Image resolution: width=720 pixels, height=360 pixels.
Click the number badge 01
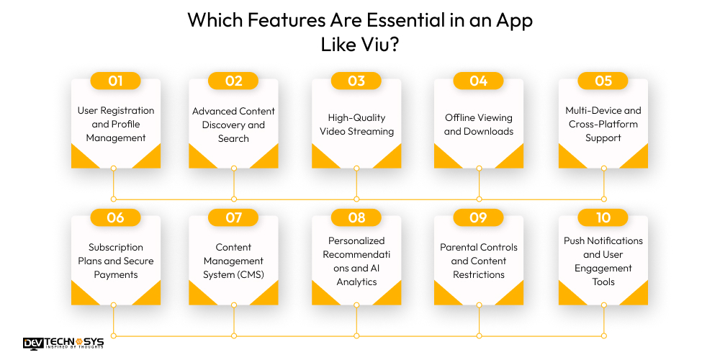click(x=115, y=81)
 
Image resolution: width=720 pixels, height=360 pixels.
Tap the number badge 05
click(x=603, y=81)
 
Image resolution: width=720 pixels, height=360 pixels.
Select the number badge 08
click(x=356, y=217)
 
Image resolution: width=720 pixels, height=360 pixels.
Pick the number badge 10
click(x=603, y=217)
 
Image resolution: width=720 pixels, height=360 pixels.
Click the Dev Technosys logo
click(x=63, y=343)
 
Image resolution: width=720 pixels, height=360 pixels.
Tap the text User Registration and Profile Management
click(x=115, y=124)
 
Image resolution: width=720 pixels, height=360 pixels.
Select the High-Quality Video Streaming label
click(x=356, y=124)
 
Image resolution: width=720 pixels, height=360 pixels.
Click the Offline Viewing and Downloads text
click(x=478, y=124)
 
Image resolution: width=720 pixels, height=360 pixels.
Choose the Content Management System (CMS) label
click(x=233, y=261)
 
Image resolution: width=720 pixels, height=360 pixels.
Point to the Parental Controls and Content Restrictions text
click(x=478, y=261)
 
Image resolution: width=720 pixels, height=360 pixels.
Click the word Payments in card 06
click(x=115, y=274)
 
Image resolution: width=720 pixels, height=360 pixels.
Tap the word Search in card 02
click(x=233, y=138)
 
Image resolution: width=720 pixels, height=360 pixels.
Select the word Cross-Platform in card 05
click(x=603, y=124)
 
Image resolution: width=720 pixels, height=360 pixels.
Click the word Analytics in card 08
click(x=356, y=282)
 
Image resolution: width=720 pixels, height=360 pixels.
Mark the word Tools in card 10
click(x=603, y=282)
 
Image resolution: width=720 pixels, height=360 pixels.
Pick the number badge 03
click(x=356, y=81)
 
